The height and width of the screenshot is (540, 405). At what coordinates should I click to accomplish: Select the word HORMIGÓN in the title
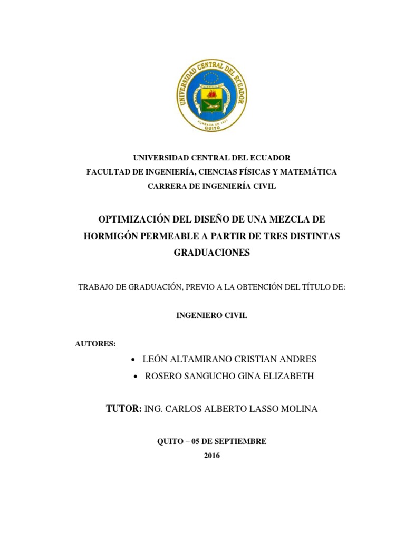click(x=110, y=236)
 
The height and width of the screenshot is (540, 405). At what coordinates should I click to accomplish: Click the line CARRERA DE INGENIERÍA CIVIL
click(x=211, y=186)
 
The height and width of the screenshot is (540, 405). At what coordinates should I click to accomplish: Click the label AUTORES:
click(x=95, y=344)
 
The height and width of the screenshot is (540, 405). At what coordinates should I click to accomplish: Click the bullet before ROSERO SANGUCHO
click(x=136, y=377)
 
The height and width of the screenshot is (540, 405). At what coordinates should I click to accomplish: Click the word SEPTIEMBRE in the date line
click(x=241, y=441)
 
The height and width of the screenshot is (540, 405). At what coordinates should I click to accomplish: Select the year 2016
click(x=212, y=456)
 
